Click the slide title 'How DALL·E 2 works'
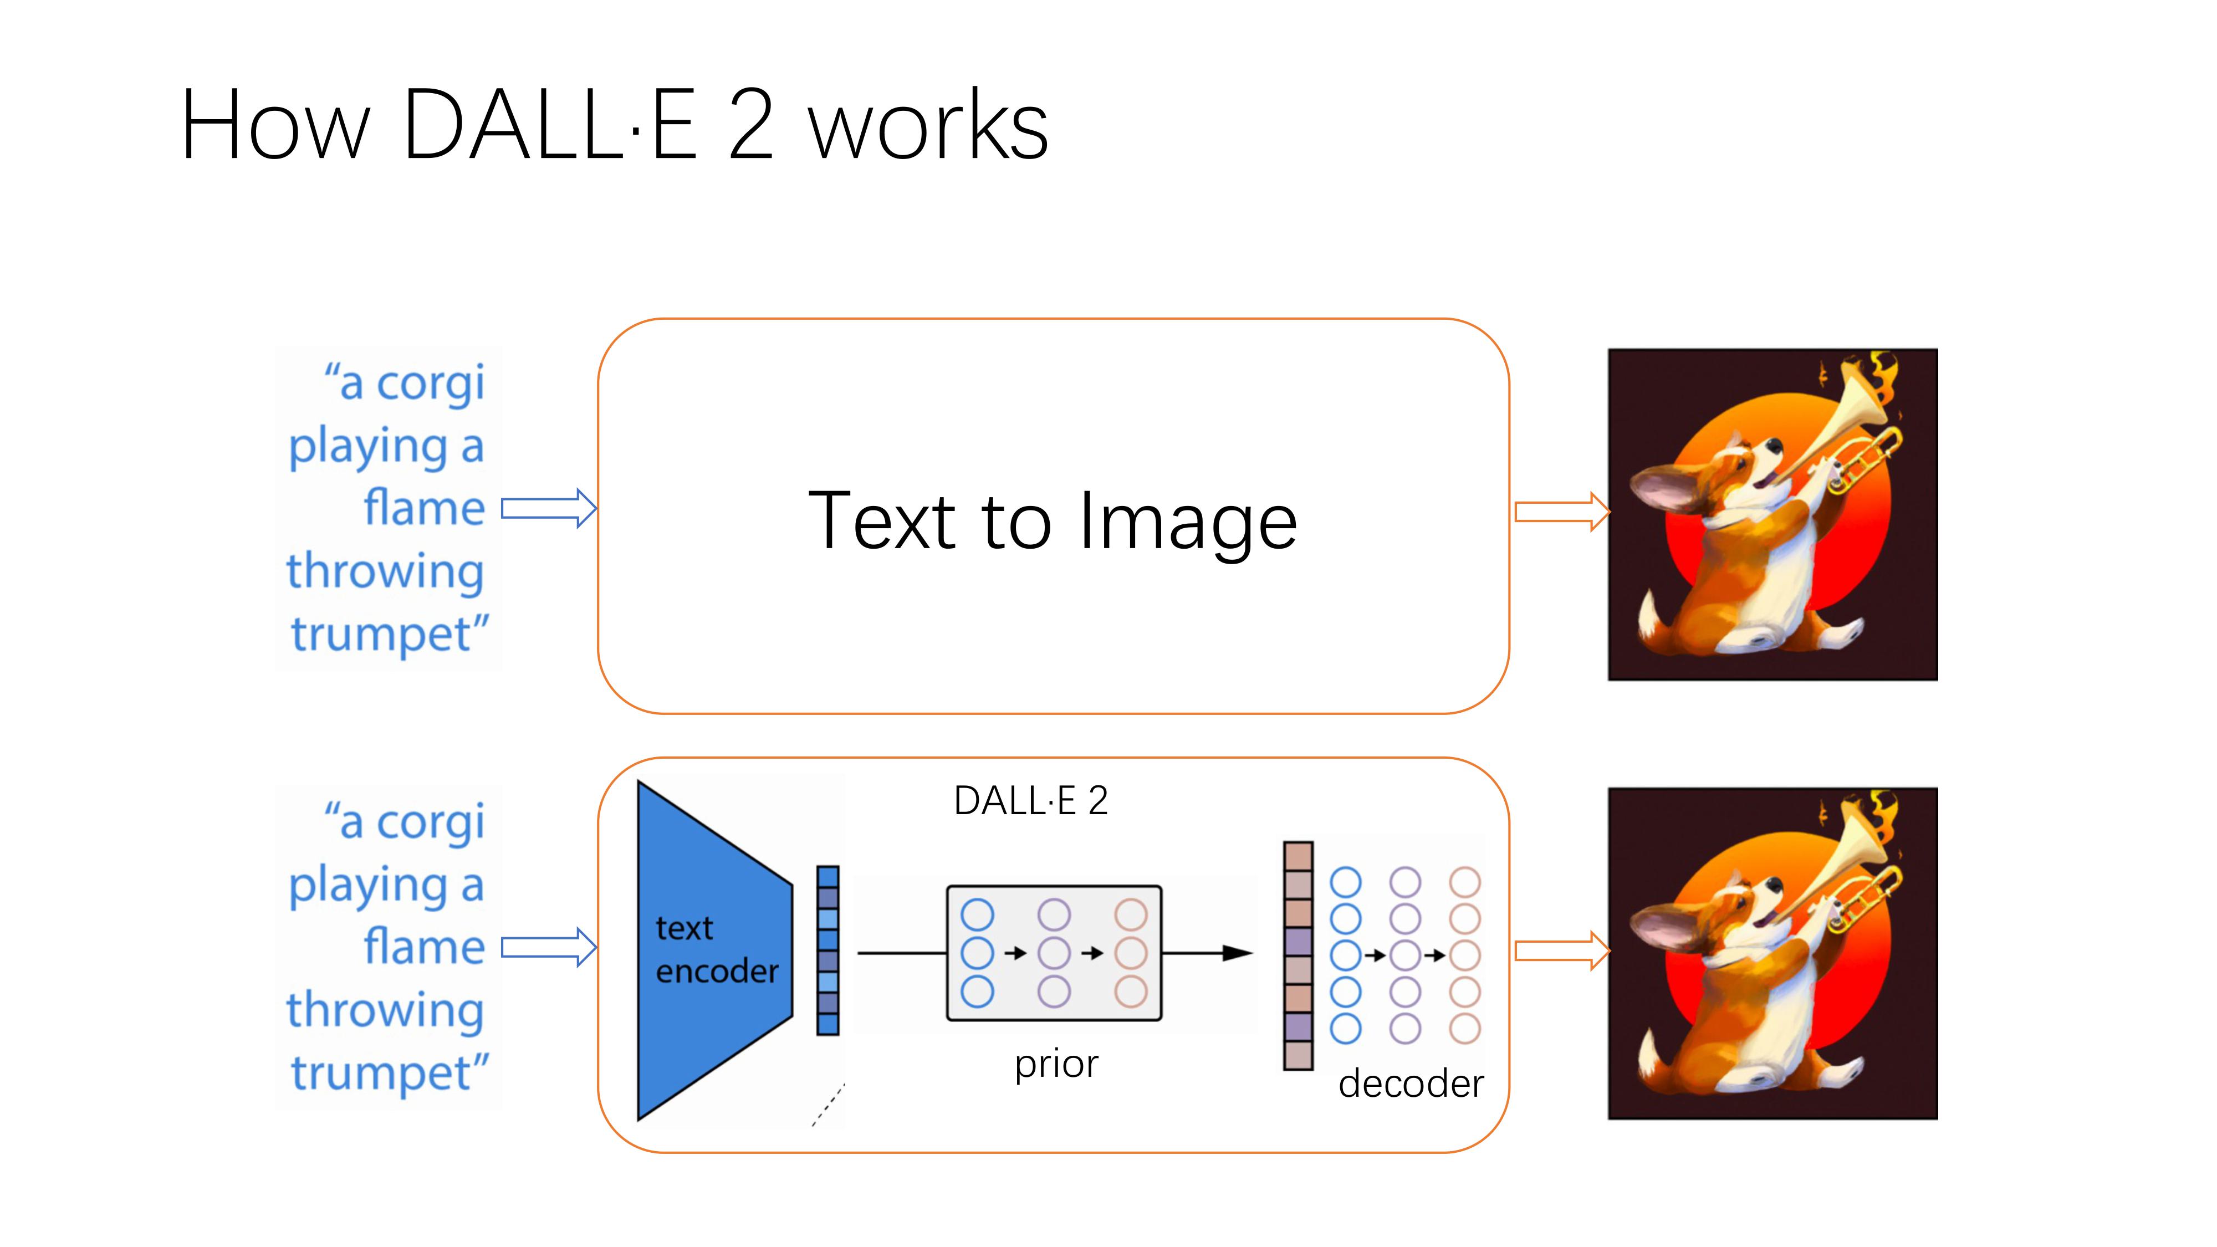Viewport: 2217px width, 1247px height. click(x=614, y=125)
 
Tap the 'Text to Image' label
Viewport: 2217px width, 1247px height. click(x=1052, y=520)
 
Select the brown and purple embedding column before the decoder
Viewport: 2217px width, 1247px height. click(x=1298, y=955)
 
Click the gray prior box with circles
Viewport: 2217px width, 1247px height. click(x=1054, y=953)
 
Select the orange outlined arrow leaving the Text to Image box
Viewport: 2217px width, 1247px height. click(x=1561, y=512)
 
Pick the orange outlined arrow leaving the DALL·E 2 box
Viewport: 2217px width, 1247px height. click(x=1561, y=951)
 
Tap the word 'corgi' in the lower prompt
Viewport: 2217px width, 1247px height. click(x=430, y=822)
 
